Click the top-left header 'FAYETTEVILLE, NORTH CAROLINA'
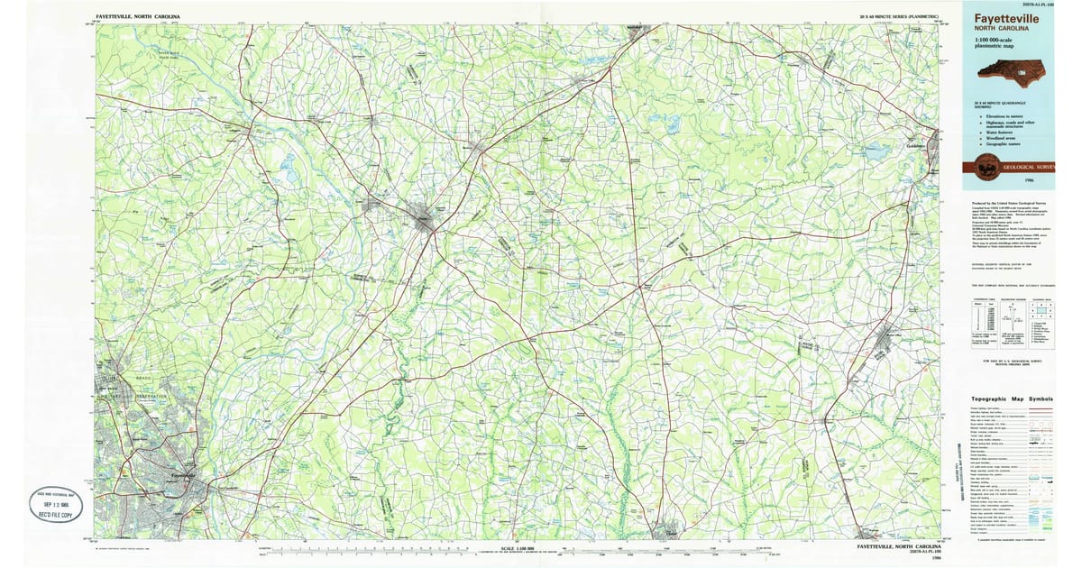tap(137, 17)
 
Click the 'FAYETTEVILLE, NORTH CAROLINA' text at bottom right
tap(898, 546)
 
